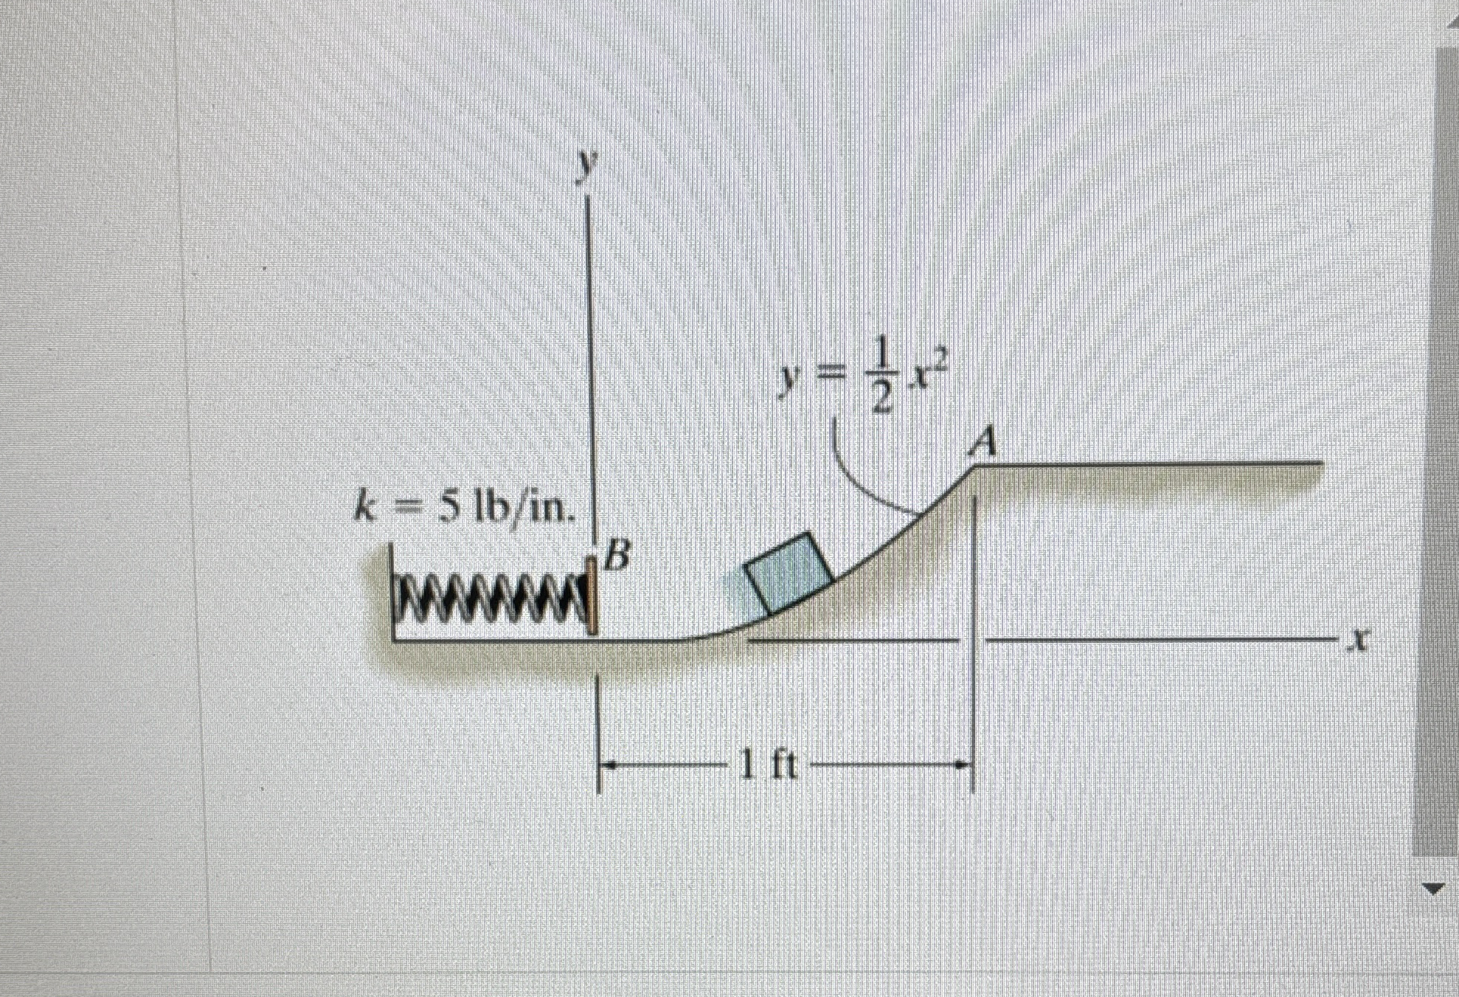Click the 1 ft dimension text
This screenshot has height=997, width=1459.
[771, 767]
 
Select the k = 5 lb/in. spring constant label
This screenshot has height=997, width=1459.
[465, 508]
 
